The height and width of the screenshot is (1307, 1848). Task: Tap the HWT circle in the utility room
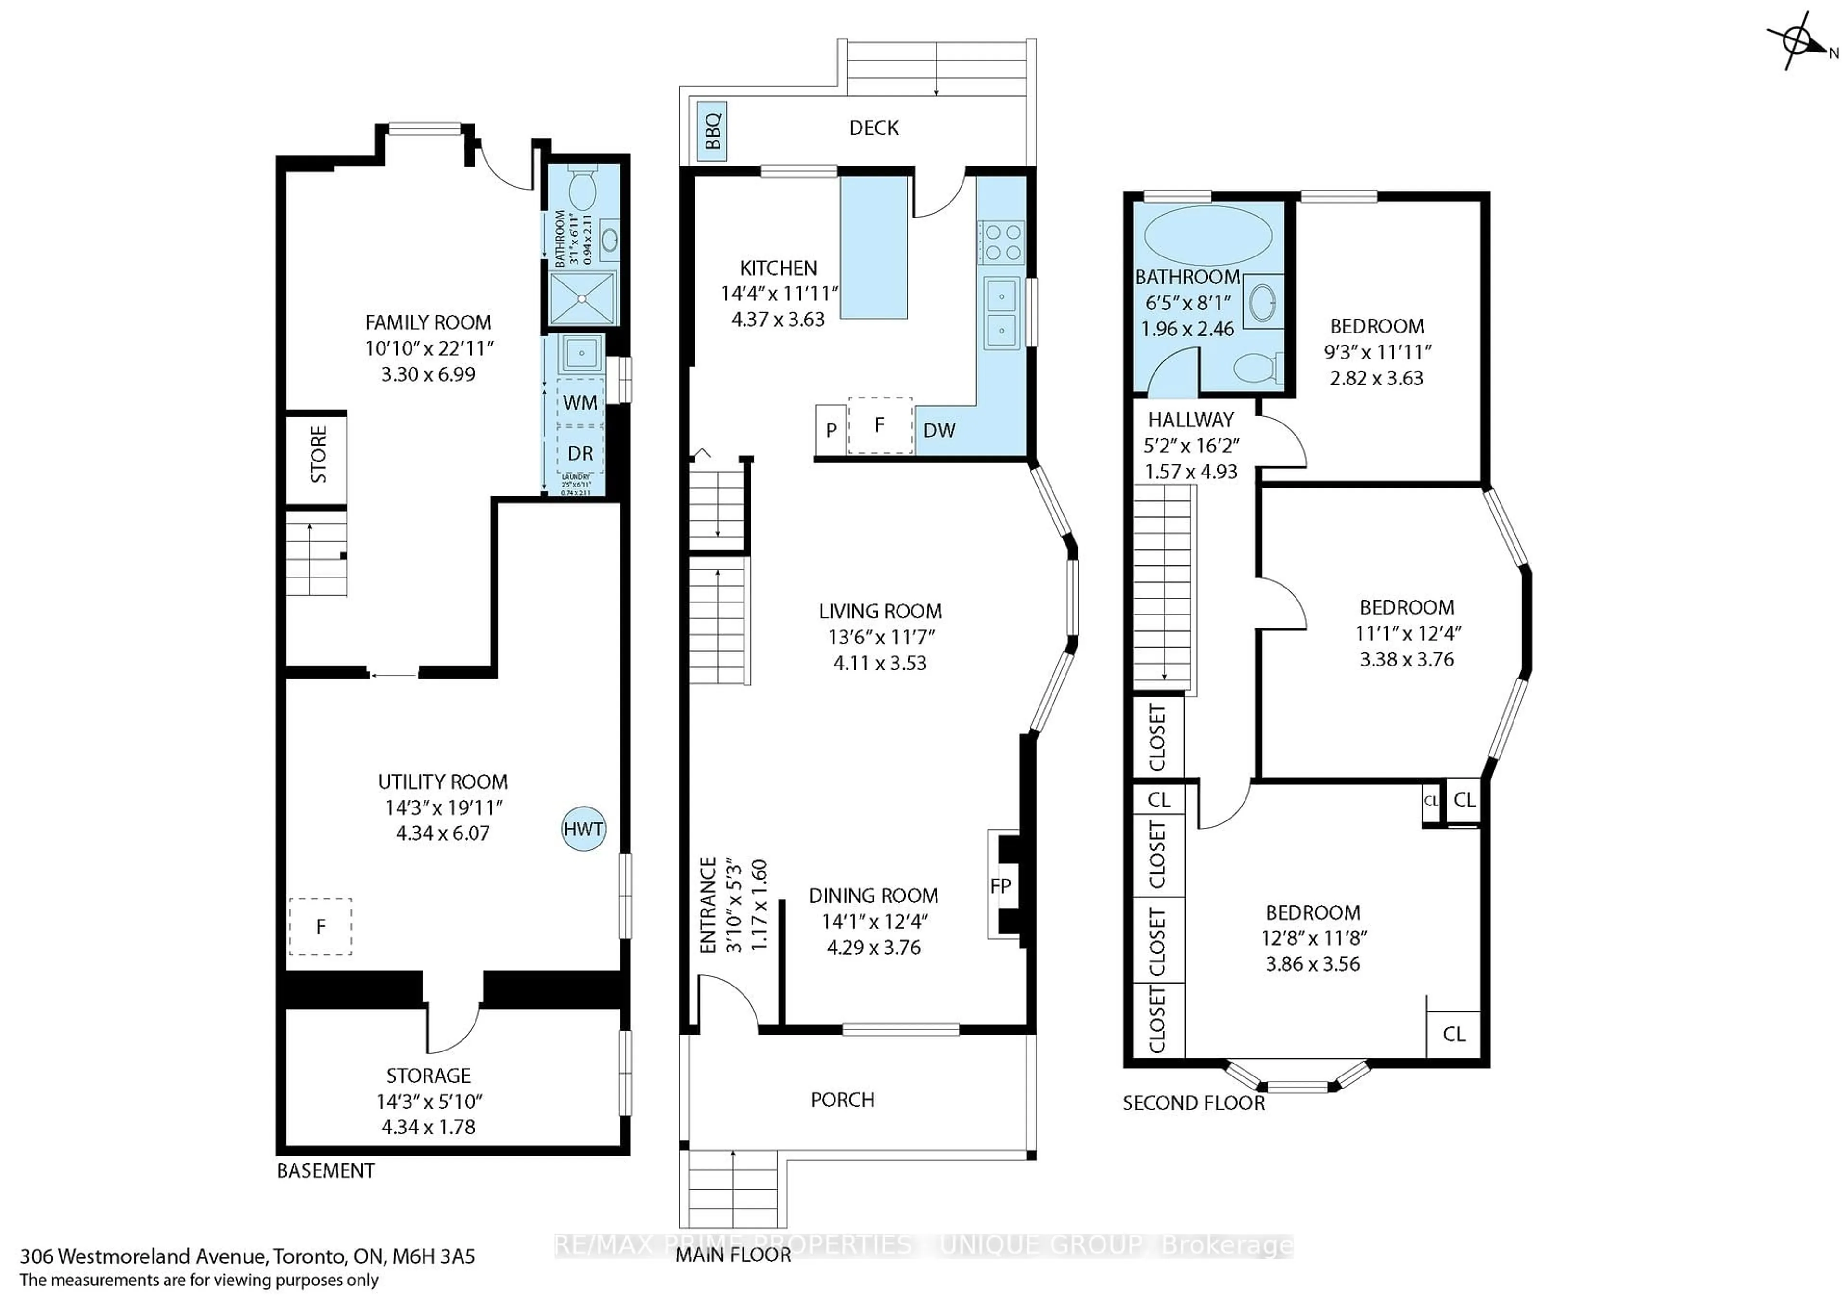[x=583, y=829]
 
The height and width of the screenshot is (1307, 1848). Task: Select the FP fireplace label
[x=1001, y=886]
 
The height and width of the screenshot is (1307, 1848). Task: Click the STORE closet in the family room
[x=318, y=456]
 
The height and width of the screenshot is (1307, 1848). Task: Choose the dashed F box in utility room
[x=321, y=926]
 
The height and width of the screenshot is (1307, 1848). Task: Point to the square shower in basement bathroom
[x=582, y=298]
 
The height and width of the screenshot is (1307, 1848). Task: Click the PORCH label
[x=842, y=1100]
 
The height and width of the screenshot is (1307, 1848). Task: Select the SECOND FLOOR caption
[x=1193, y=1102]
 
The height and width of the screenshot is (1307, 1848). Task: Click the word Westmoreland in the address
[x=163, y=1256]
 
